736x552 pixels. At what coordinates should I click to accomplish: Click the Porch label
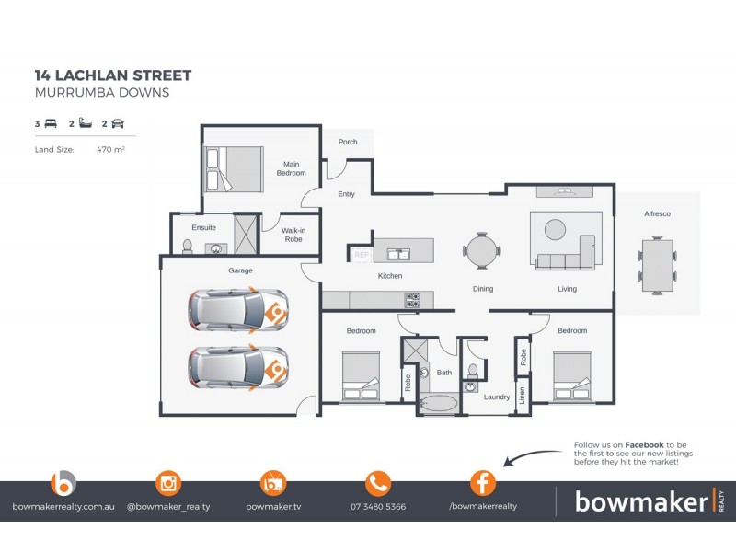click(x=348, y=143)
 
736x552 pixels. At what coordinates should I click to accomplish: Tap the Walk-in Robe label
click(x=293, y=234)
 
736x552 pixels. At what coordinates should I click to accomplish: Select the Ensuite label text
click(x=204, y=227)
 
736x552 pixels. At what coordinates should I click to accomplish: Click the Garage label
click(x=240, y=270)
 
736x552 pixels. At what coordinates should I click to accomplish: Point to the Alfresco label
click(x=657, y=213)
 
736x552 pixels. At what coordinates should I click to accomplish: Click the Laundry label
click(x=497, y=397)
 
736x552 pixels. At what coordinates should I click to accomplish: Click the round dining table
click(x=482, y=249)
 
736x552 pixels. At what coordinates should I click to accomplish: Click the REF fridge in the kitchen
click(x=361, y=254)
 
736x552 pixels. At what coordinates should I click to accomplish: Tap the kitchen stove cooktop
click(x=413, y=299)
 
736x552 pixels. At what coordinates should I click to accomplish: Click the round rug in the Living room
click(x=555, y=229)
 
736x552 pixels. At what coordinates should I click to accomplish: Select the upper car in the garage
click(x=237, y=309)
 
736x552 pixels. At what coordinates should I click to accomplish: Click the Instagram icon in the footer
click(x=168, y=483)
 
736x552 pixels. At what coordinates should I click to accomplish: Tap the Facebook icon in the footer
click(x=483, y=483)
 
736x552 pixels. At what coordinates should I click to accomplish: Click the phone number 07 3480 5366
click(x=378, y=507)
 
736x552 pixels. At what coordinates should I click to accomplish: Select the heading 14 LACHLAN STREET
click(x=113, y=75)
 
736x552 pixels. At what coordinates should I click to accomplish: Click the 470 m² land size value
click(x=110, y=148)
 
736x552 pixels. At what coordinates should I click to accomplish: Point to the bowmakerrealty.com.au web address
click(x=63, y=507)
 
